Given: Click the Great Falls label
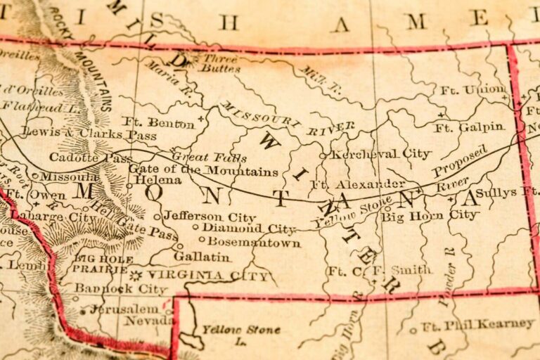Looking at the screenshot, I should point(200,157).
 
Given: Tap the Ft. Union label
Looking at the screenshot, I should point(472,90).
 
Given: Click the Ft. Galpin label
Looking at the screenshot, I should point(469,127).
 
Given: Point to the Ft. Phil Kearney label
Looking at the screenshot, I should point(478,324).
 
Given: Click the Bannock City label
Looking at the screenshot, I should point(121,289).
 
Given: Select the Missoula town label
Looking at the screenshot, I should point(70,177).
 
